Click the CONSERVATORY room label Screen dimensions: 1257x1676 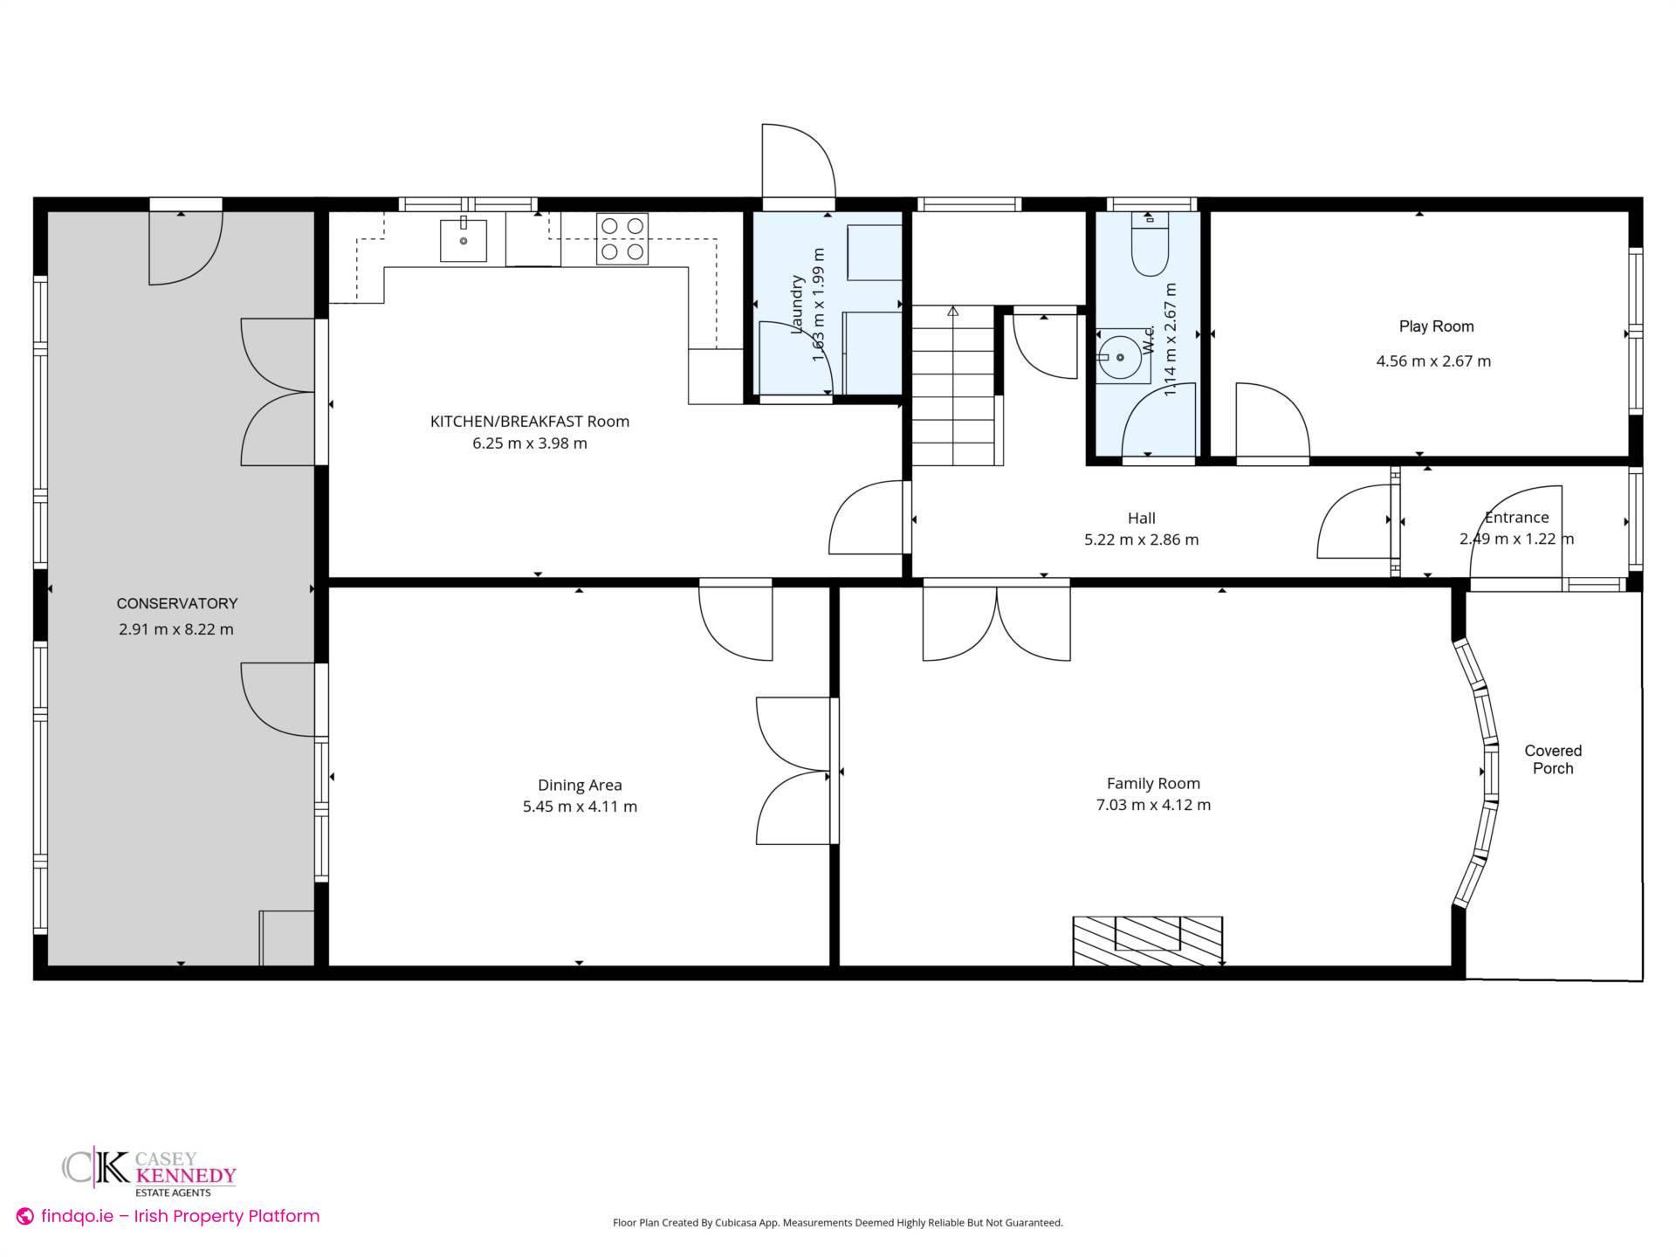(x=177, y=603)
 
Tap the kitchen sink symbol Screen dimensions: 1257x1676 (x=463, y=240)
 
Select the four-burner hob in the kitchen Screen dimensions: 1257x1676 (x=622, y=239)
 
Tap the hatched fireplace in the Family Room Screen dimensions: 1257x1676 (x=1147, y=940)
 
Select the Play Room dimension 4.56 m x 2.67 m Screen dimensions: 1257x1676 (x=1433, y=361)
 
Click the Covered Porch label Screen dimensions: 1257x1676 (x=1553, y=759)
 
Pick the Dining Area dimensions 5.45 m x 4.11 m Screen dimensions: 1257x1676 (x=580, y=807)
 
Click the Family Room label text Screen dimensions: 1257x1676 (x=1153, y=783)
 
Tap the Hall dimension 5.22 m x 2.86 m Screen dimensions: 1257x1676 (x=1141, y=539)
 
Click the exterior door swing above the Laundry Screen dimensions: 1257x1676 (x=797, y=162)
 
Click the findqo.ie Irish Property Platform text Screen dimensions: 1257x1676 (x=169, y=1216)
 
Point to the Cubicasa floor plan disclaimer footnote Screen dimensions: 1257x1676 (x=837, y=1223)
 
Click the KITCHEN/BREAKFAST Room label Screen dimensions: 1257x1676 (x=529, y=422)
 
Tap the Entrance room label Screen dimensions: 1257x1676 (x=1516, y=518)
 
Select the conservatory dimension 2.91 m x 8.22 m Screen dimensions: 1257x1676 (x=176, y=629)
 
